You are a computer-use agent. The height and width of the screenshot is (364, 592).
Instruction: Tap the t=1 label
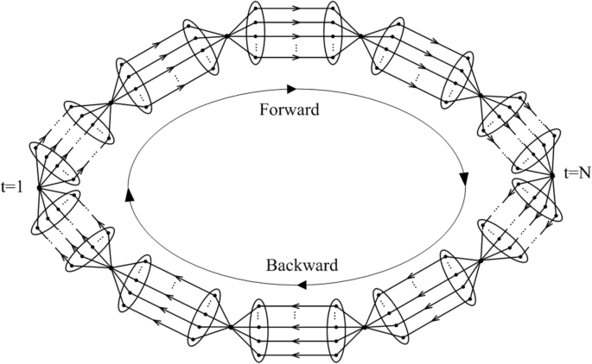coord(12,186)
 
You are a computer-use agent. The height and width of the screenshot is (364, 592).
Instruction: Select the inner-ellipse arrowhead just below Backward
coord(302,285)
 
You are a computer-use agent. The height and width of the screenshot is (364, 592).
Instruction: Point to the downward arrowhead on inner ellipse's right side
coord(464,179)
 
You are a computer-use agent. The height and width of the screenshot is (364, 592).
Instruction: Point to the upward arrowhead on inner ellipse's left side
coord(130,195)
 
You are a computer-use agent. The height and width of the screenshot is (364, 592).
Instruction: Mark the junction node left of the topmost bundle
coord(227,36)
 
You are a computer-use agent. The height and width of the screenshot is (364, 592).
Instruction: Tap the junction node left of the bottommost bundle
coord(231,328)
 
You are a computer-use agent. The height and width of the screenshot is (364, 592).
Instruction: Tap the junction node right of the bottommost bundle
coord(366,328)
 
